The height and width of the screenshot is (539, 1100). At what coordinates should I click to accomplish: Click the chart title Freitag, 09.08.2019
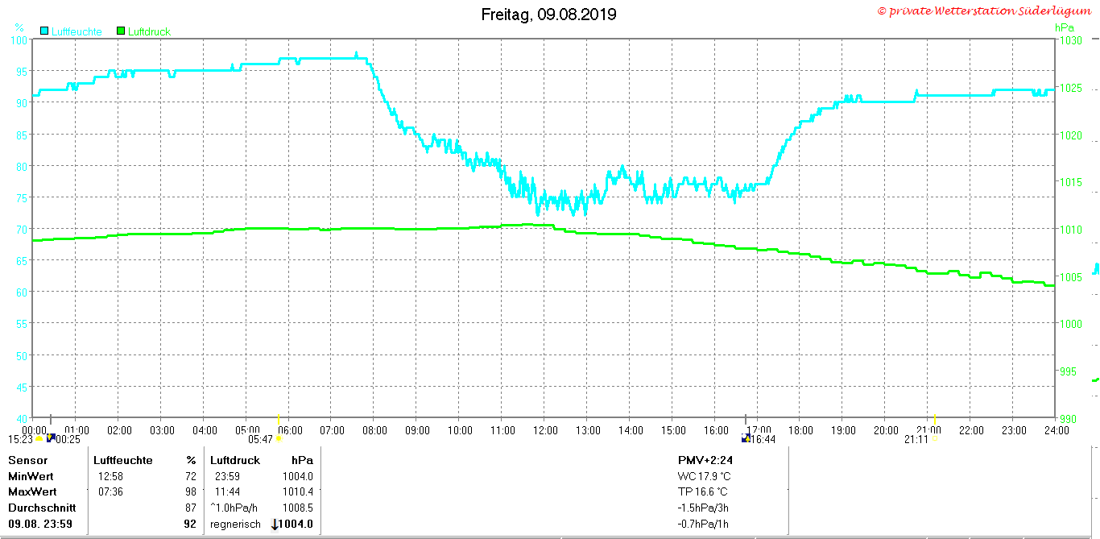click(x=548, y=15)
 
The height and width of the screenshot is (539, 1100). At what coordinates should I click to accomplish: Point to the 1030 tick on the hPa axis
click(x=1070, y=40)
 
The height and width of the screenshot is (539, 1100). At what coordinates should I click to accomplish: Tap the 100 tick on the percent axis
click(x=19, y=40)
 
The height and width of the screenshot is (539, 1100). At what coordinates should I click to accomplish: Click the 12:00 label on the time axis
click(x=545, y=430)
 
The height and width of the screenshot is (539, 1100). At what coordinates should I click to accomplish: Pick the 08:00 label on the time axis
click(x=374, y=430)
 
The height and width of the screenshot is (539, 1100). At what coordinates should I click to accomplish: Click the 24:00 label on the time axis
click(x=1057, y=430)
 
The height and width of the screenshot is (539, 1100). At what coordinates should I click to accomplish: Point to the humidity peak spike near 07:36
click(x=357, y=54)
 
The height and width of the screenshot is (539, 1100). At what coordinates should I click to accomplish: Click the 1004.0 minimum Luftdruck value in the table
click(x=298, y=476)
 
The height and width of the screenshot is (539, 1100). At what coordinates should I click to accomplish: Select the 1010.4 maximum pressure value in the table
click(x=298, y=491)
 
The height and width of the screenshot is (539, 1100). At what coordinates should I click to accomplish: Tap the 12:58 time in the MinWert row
click(x=110, y=476)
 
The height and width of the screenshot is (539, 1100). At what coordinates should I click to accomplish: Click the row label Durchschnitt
click(x=42, y=508)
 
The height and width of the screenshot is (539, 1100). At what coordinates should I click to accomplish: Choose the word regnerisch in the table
click(x=235, y=524)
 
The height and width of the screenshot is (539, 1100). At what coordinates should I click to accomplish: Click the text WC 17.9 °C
click(x=704, y=476)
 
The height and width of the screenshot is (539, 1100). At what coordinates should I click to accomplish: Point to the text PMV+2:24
click(x=705, y=460)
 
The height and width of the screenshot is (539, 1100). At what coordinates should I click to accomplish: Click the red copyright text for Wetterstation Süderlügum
click(x=984, y=11)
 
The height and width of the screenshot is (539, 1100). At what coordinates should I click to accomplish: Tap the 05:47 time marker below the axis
click(x=260, y=439)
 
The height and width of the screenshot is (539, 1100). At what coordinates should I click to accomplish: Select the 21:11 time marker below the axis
click(x=916, y=439)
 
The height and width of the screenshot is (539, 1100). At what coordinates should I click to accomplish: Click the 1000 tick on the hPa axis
click(x=1070, y=324)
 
